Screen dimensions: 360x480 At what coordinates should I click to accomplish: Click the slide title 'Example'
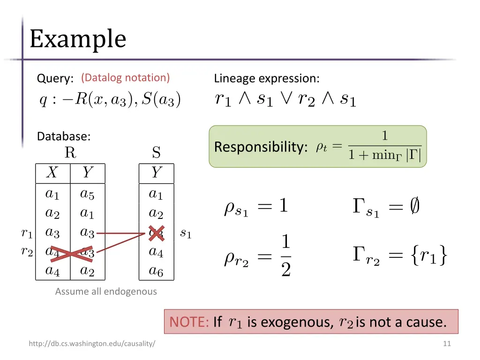click(78, 39)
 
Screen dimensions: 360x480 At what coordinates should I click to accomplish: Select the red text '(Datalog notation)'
click(125, 78)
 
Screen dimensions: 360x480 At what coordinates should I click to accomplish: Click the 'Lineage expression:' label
click(267, 78)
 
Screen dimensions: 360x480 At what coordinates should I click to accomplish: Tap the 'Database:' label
click(64, 136)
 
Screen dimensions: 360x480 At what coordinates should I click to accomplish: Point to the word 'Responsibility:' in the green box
click(261, 147)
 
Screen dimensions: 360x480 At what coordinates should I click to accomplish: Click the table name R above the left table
click(70, 153)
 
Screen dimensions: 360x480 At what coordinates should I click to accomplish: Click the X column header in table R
click(52, 173)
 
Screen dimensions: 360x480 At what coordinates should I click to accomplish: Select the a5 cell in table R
click(87, 193)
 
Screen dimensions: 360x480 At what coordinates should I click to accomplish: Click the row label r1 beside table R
click(27, 232)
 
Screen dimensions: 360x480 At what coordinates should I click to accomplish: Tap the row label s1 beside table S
click(186, 233)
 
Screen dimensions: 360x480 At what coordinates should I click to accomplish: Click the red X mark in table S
click(156, 233)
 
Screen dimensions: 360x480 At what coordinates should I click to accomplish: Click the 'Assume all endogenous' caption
click(106, 292)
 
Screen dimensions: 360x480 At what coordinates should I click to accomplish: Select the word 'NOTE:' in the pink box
click(189, 322)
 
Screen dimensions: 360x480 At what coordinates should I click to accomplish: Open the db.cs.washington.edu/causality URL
click(92, 344)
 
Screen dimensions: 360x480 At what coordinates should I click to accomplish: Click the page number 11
click(447, 344)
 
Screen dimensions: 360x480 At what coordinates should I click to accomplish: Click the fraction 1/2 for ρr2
click(286, 256)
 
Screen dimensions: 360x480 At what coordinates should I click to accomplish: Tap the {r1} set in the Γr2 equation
click(427, 256)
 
